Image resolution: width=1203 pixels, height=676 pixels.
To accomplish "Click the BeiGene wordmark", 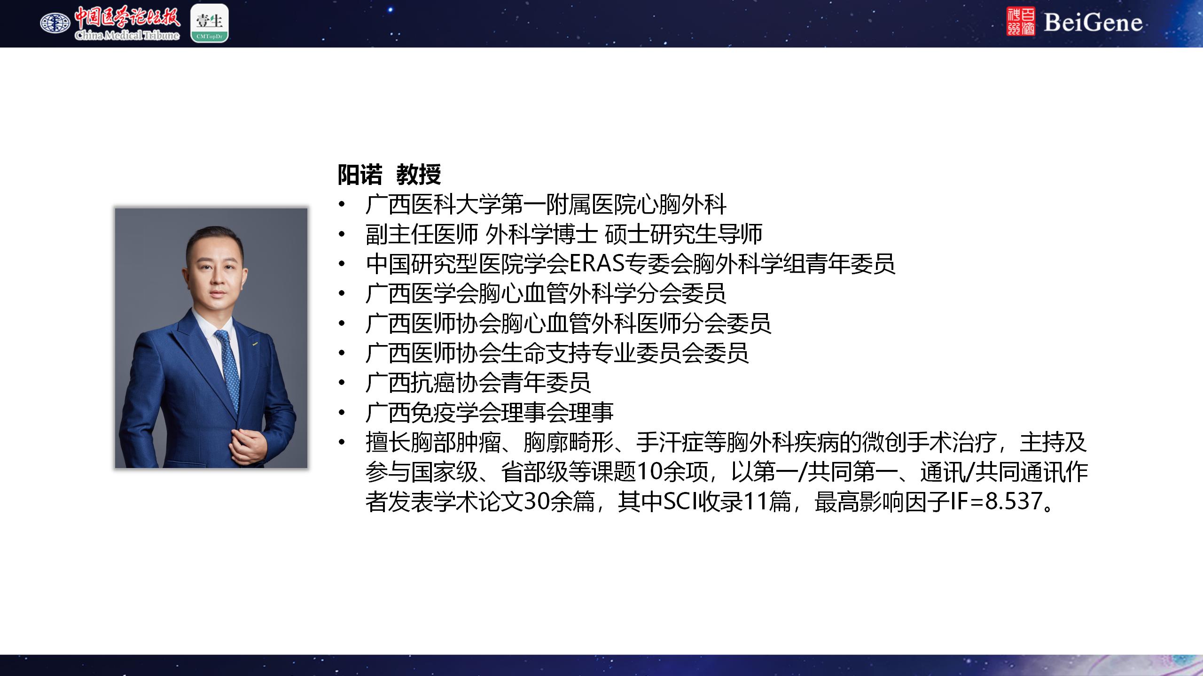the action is (x=1093, y=23).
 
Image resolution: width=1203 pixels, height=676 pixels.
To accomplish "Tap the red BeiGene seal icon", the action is (x=1021, y=22).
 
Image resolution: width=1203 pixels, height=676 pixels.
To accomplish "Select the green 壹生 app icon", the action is (x=210, y=23).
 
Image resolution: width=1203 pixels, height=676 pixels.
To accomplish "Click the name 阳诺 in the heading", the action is (x=360, y=175).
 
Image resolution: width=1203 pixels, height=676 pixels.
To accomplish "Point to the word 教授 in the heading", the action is (x=419, y=175).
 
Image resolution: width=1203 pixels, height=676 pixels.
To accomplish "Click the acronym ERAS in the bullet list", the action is (x=597, y=264).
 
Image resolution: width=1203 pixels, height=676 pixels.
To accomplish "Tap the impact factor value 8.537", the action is (x=1013, y=501).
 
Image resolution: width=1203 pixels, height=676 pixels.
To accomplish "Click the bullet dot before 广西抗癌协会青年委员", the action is (x=342, y=383).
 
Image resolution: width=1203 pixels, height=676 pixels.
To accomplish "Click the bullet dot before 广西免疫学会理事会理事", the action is (x=342, y=412).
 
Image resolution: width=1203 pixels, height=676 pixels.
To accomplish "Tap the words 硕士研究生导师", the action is (x=684, y=234).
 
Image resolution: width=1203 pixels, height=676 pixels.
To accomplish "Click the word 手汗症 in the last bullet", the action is (x=670, y=442).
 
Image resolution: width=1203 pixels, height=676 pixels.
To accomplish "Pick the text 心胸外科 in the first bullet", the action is (x=681, y=204).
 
